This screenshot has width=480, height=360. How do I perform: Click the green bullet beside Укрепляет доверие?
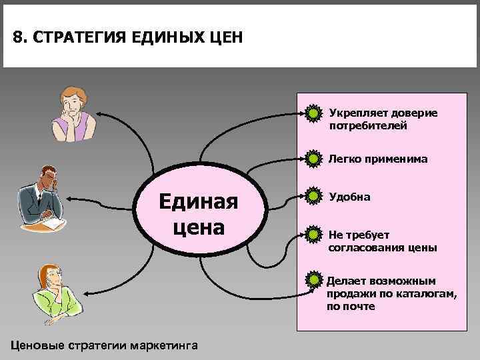pyautogui.click(x=311, y=113)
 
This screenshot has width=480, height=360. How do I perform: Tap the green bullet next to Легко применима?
pyautogui.click(x=311, y=159)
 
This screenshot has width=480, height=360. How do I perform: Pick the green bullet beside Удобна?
pyautogui.click(x=311, y=197)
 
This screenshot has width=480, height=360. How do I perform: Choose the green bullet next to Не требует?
pyautogui.click(x=311, y=234)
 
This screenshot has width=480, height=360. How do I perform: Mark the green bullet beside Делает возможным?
pyautogui.click(x=311, y=281)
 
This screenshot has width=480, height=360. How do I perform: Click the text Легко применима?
pyautogui.click(x=378, y=159)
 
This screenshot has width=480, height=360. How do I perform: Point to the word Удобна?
pyautogui.click(x=349, y=197)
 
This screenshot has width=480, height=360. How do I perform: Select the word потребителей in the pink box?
pyautogui.click(x=367, y=125)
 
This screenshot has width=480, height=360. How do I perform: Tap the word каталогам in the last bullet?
pyautogui.click(x=420, y=294)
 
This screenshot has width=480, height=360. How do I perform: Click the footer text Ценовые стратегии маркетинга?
pyautogui.click(x=101, y=345)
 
